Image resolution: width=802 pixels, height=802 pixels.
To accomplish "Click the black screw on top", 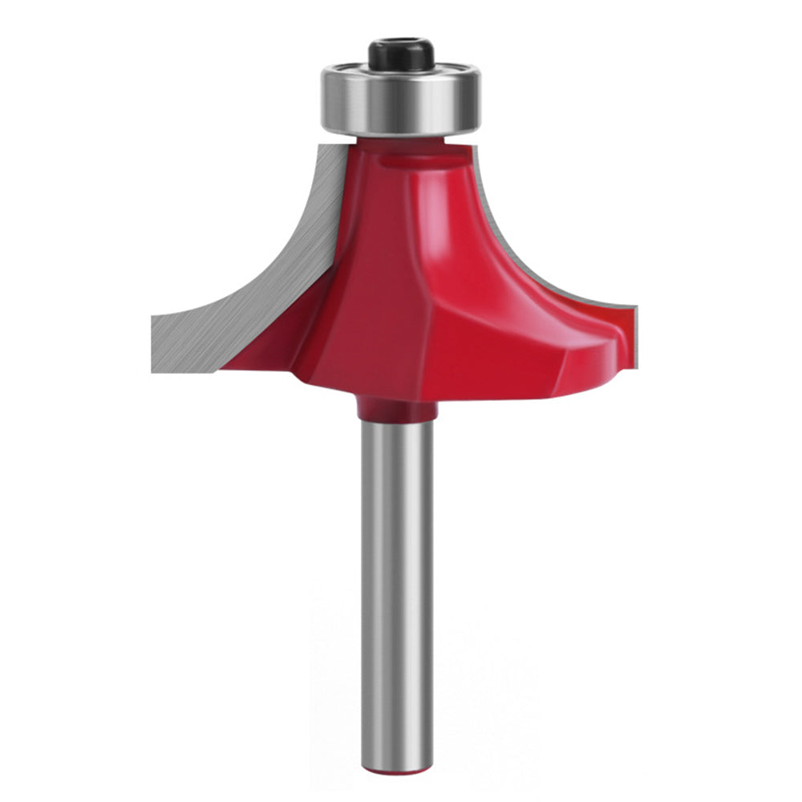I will click(401, 56).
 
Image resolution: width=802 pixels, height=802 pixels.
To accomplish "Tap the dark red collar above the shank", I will click(397, 409).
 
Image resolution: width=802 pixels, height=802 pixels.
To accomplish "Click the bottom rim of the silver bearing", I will click(401, 130).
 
